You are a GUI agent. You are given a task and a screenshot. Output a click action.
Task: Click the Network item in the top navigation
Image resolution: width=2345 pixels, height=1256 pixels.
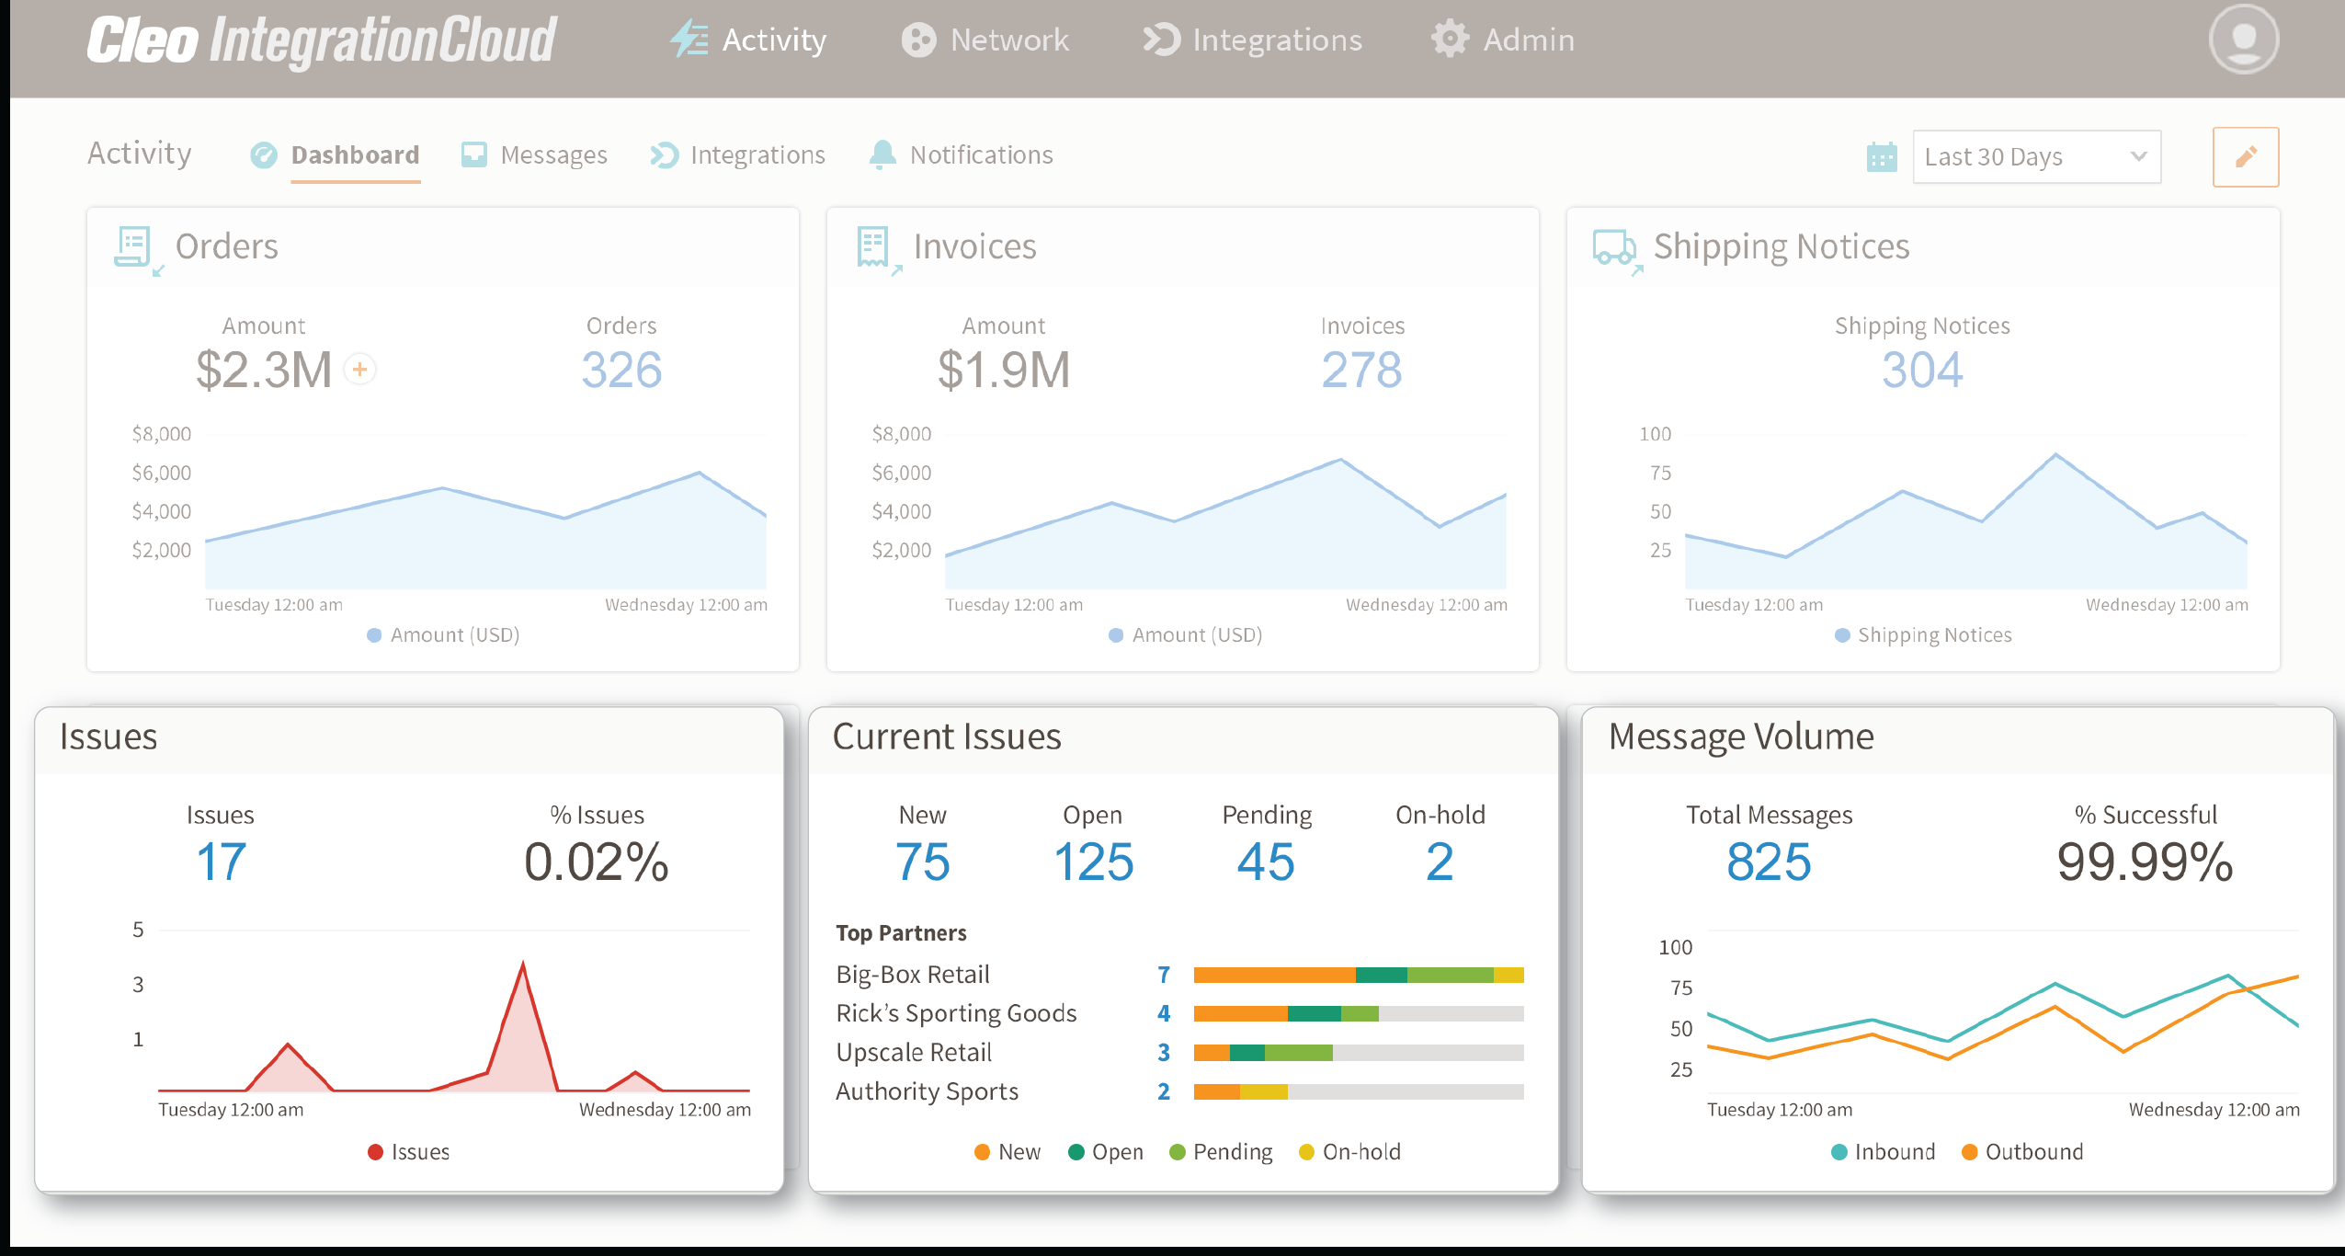985,40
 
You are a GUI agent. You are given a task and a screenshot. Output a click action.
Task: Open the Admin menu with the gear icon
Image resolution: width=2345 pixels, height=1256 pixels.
1503,40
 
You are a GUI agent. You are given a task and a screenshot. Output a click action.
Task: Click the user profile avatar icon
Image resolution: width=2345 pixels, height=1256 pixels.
2243,40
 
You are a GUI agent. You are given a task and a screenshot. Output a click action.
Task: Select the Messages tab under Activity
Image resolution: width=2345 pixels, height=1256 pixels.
534,154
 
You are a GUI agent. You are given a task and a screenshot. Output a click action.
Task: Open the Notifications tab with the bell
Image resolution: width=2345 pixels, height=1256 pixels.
962,154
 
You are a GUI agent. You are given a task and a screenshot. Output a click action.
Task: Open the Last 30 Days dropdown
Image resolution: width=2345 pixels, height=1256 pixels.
2035,156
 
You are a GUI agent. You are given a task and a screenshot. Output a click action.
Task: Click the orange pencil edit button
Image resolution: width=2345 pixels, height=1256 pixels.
2245,156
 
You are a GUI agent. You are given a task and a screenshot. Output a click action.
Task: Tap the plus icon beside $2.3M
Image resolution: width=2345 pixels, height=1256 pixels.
360,370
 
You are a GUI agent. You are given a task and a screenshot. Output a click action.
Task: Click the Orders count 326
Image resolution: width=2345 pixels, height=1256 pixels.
621,370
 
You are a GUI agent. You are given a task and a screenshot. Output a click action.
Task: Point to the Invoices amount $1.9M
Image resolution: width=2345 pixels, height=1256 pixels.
1003,370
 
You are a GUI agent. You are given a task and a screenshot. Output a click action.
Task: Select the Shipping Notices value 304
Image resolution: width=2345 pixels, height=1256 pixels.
1921,370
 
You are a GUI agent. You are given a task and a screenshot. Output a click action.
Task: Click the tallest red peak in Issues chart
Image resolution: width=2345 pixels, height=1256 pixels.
523,965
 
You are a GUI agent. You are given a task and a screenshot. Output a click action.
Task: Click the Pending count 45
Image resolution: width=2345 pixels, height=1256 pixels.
1266,862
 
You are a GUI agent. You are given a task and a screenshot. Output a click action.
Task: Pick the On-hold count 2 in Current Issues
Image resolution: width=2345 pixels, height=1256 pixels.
1440,862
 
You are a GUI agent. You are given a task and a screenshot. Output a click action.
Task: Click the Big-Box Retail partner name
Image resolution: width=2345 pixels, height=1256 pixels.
912,974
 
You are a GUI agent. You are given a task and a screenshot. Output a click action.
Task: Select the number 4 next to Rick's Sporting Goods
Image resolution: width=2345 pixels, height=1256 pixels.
1164,1013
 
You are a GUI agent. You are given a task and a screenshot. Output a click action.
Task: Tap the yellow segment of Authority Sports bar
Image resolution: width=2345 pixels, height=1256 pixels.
1264,1091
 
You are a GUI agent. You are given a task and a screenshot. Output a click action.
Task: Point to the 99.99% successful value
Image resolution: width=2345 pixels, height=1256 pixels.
2145,862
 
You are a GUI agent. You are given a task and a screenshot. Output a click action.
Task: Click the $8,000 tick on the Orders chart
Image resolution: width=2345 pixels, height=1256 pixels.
162,434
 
